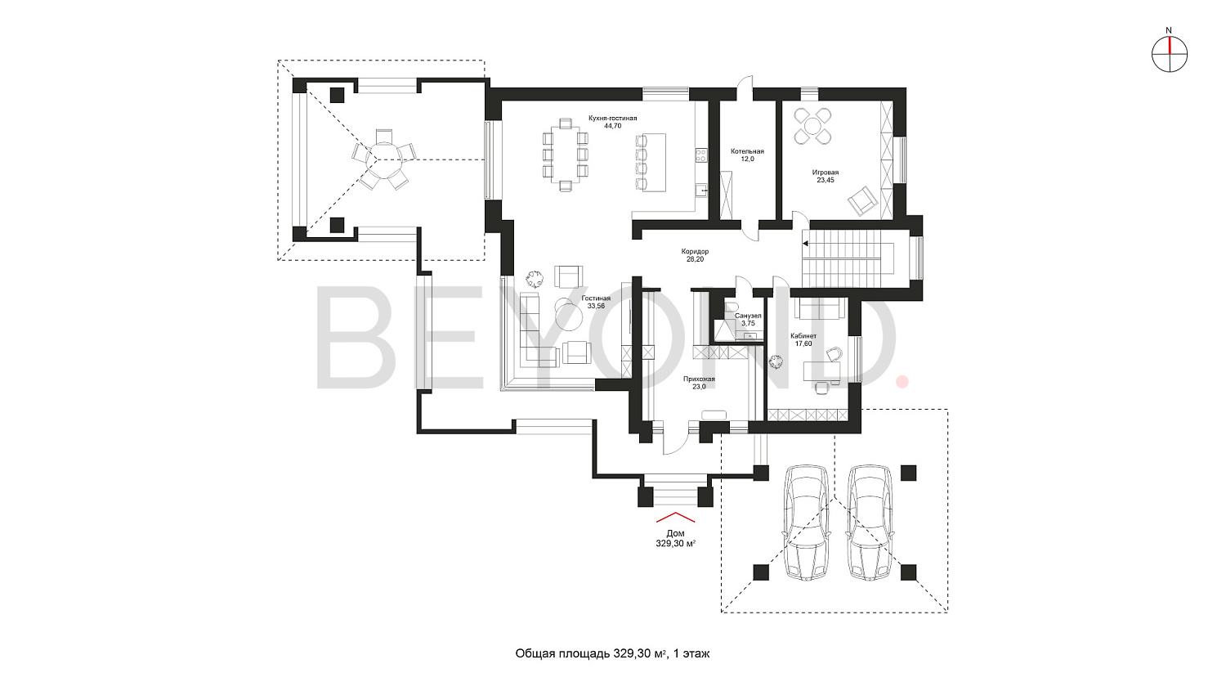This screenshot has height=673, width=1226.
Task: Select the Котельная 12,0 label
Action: [x=747, y=155]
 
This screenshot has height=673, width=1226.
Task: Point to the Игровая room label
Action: [x=826, y=176]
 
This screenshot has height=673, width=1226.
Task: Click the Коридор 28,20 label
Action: [x=695, y=255]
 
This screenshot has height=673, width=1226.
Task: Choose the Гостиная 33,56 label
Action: [x=596, y=303]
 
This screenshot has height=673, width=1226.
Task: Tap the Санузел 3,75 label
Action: [x=748, y=319]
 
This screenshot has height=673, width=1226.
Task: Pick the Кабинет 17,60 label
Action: [x=803, y=339]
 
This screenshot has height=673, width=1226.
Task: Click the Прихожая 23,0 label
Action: [x=699, y=382]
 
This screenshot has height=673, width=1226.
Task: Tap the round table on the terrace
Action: [x=384, y=159]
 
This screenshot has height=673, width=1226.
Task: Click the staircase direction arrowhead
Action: [x=806, y=245]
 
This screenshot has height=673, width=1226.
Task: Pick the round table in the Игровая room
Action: [x=812, y=126]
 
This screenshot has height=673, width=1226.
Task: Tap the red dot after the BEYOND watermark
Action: [x=902, y=382]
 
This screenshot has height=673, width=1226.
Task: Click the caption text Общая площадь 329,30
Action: [x=591, y=653]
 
